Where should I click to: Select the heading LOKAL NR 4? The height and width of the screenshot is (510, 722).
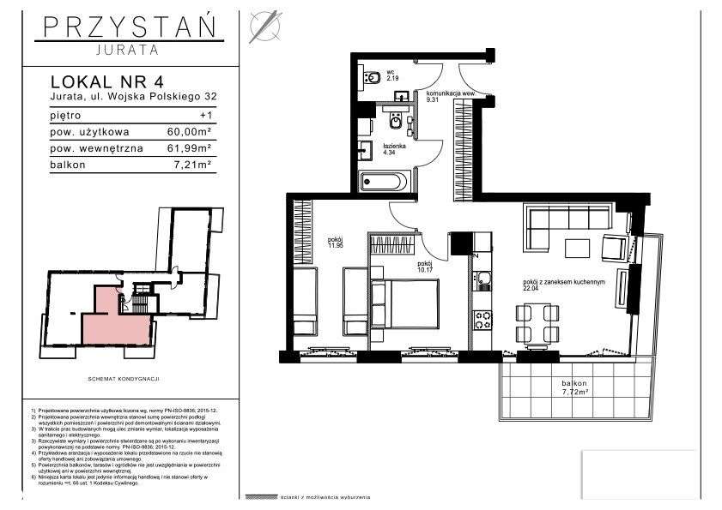106,82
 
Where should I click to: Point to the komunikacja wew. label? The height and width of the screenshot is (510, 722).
452,93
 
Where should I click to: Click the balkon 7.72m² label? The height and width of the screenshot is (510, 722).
569,388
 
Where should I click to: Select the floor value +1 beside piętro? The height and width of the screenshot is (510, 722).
203,114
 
